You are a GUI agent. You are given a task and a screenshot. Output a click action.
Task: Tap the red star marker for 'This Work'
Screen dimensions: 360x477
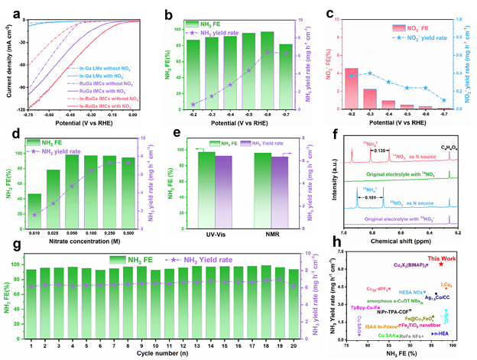pyautogui.click(x=441, y=264)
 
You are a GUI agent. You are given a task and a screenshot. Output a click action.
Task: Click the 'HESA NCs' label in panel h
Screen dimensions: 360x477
pyautogui.click(x=411, y=292)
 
